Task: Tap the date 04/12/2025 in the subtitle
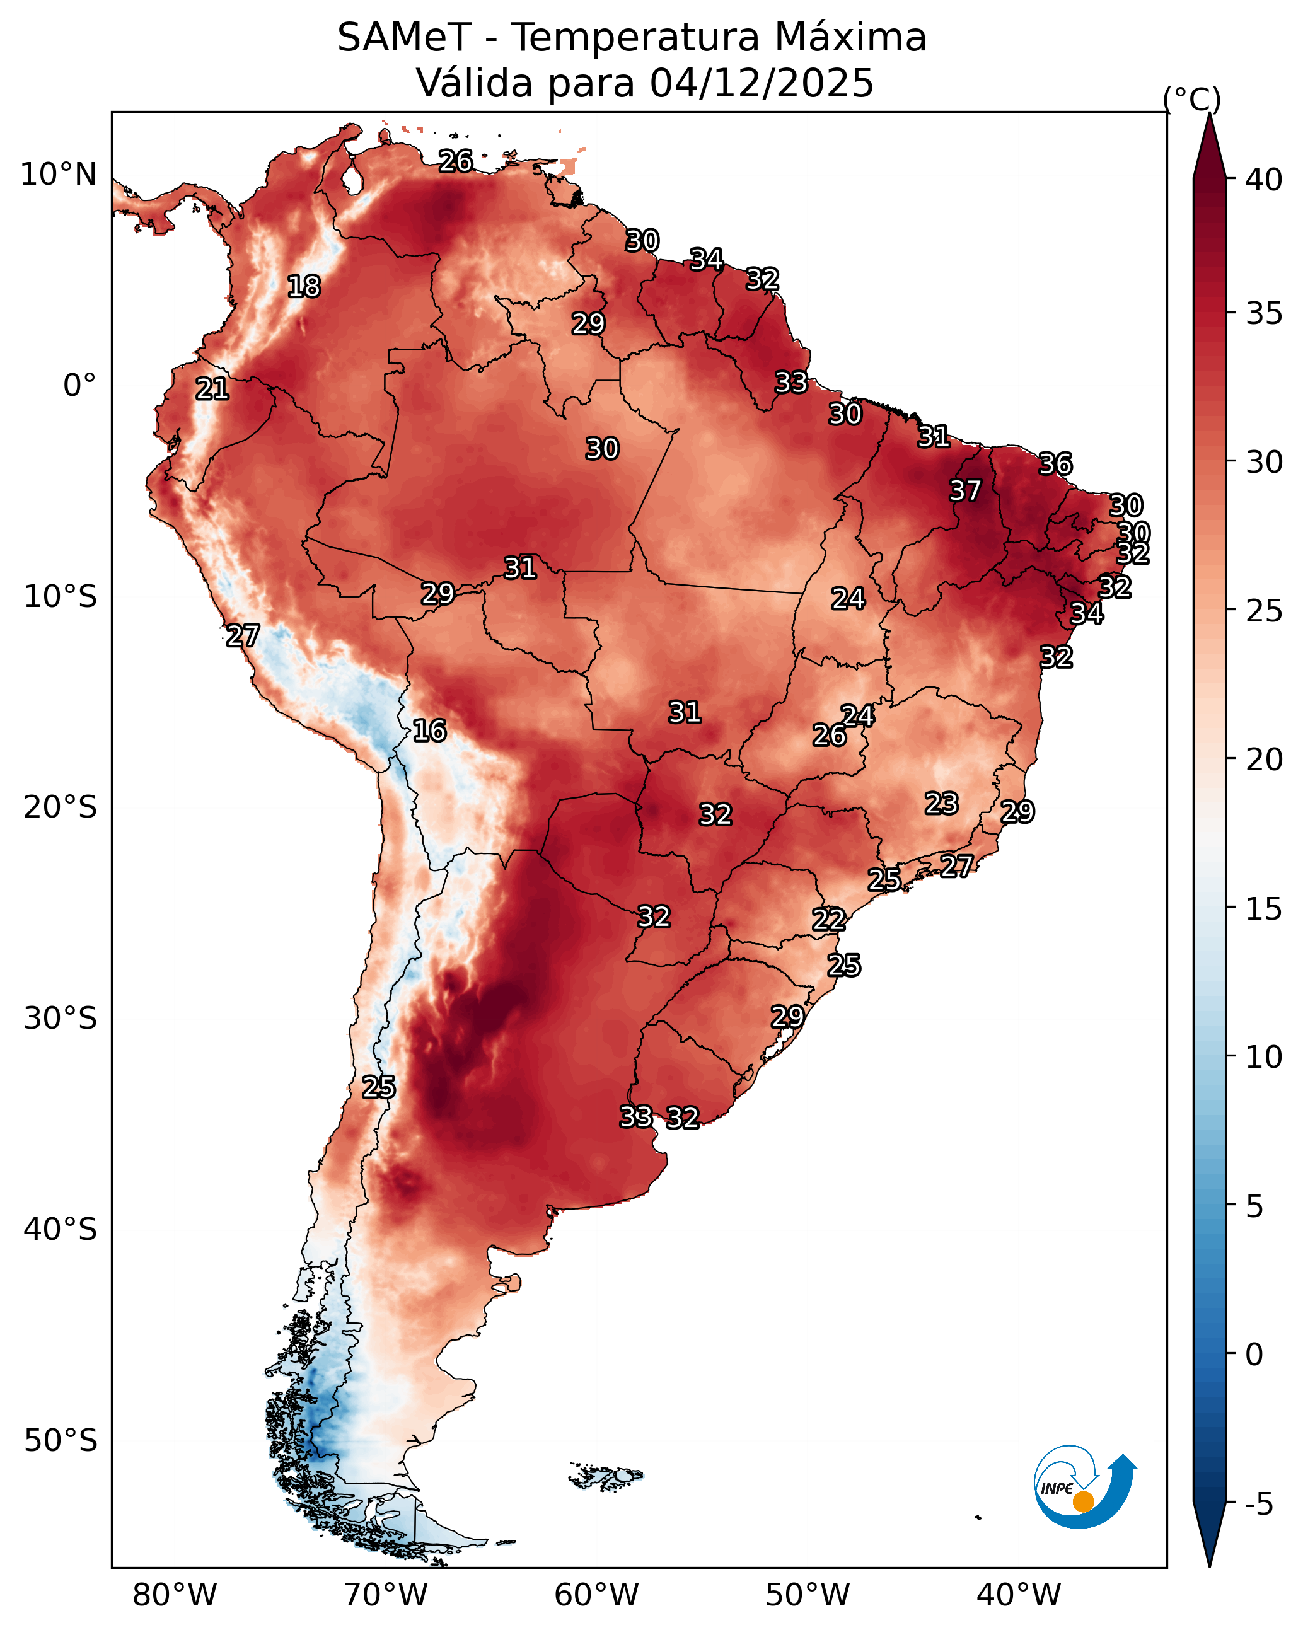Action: point(762,83)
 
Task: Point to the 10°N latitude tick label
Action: point(58,175)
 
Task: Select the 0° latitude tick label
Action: point(79,386)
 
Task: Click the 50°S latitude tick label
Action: point(61,1441)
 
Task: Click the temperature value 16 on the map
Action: point(429,731)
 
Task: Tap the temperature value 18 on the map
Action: point(304,287)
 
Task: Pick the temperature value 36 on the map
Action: point(1055,464)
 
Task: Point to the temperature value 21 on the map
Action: point(212,390)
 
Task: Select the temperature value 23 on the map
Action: point(942,804)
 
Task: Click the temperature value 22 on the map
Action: point(829,920)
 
